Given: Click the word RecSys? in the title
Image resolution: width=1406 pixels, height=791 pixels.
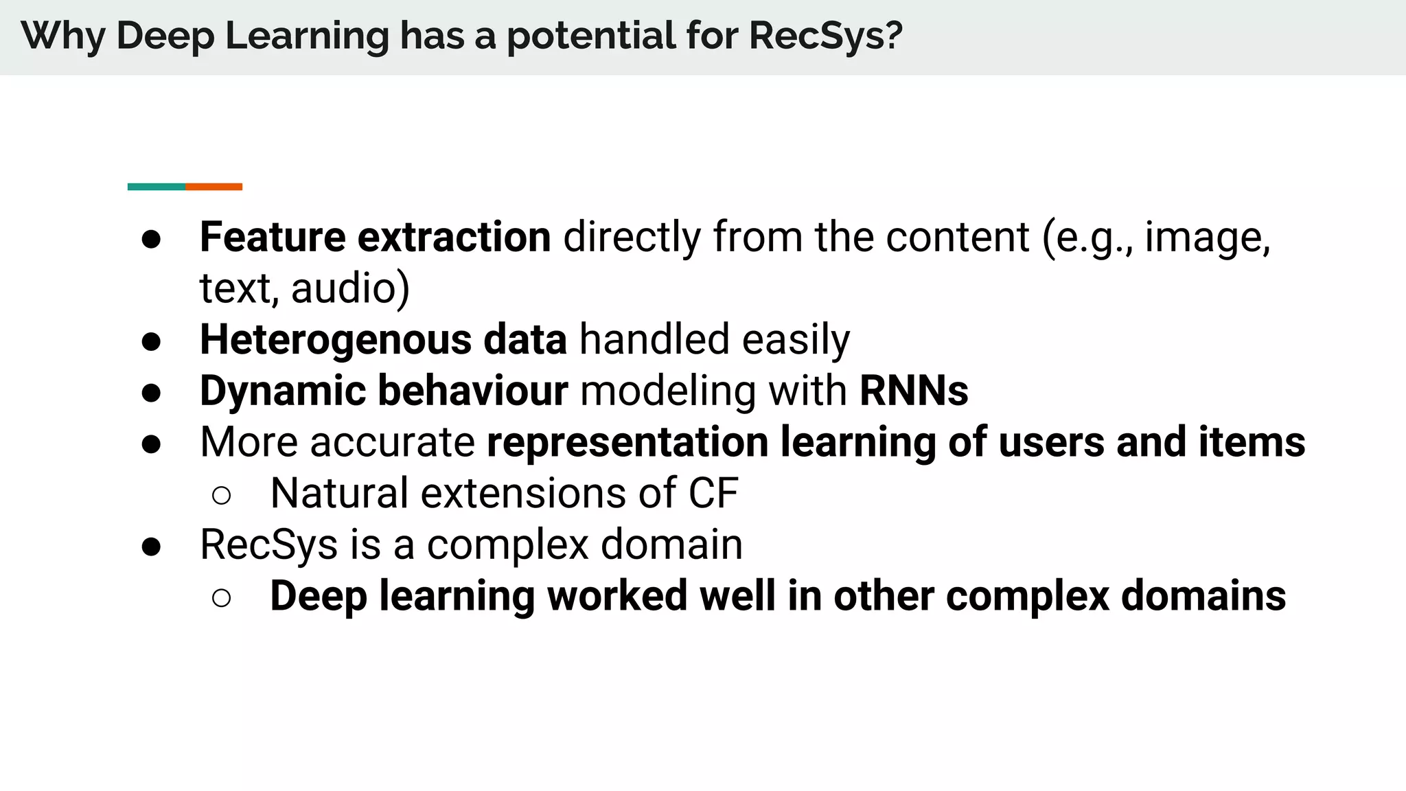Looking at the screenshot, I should (x=825, y=36).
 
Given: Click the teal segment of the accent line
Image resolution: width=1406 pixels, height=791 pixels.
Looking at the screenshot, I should (x=157, y=187).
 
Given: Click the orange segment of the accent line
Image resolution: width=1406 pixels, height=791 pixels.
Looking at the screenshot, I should (x=214, y=187).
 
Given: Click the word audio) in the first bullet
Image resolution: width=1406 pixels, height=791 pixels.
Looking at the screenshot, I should (x=350, y=288).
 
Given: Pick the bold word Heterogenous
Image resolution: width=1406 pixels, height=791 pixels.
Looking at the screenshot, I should (x=335, y=340).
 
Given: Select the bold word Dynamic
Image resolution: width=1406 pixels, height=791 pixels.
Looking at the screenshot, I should (x=282, y=391).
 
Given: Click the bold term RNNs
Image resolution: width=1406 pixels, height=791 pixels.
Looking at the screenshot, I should (x=913, y=391).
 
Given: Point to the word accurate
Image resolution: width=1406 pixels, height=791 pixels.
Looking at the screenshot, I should (x=392, y=442).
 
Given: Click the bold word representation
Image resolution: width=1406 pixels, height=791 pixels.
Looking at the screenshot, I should (x=627, y=442).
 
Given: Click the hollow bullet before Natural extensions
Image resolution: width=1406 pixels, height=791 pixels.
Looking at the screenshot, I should (x=221, y=495).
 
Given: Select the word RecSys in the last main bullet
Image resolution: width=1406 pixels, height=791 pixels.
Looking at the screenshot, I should (x=268, y=545).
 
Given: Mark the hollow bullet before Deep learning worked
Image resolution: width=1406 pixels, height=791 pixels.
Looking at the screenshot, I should (x=221, y=598).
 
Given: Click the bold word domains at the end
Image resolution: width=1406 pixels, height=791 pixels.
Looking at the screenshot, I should (x=1203, y=596).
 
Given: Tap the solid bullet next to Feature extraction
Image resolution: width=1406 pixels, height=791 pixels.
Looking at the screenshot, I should (x=151, y=239).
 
